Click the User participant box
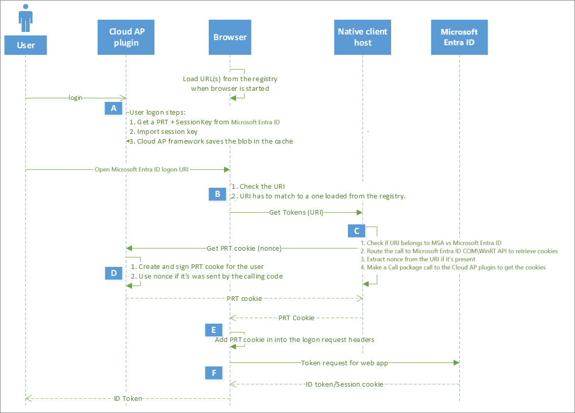coord(25,45)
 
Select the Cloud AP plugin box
coord(126,37)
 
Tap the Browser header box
coord(230,37)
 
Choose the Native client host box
coord(363,37)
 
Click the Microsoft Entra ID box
coord(459,37)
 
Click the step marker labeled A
coord(113,108)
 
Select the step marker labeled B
coord(217,194)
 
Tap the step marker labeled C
coord(357,231)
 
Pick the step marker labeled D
coord(113,273)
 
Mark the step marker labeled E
coord(214,330)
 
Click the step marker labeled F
coord(214,373)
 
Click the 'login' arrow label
coord(76,97)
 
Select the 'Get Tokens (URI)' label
coord(296,213)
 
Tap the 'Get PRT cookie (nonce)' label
coord(244,248)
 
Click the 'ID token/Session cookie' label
coord(344,384)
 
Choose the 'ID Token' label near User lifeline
coord(127,399)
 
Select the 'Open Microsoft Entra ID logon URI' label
coord(142,169)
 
